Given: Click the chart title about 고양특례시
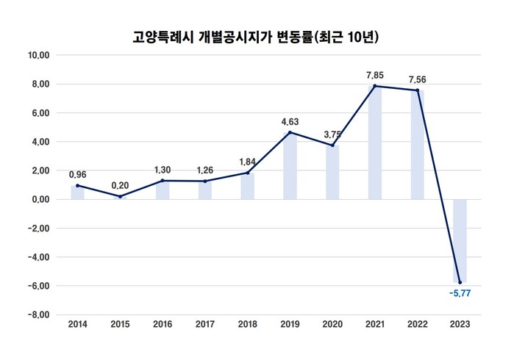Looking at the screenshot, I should [257, 35].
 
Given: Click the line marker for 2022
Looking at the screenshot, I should [417, 90].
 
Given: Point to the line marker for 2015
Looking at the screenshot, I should [120, 196].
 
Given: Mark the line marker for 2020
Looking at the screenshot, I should [332, 145].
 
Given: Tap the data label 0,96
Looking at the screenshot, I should [77, 175].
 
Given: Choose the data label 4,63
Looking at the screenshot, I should [290, 121].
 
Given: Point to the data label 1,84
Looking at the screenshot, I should [248, 161].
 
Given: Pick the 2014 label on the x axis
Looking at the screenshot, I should [77, 324].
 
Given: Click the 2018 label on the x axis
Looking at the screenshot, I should [248, 324].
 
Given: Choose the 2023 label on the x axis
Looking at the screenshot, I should [460, 324].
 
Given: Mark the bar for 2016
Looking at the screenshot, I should [163, 190].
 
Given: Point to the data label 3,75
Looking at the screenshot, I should [332, 134].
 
